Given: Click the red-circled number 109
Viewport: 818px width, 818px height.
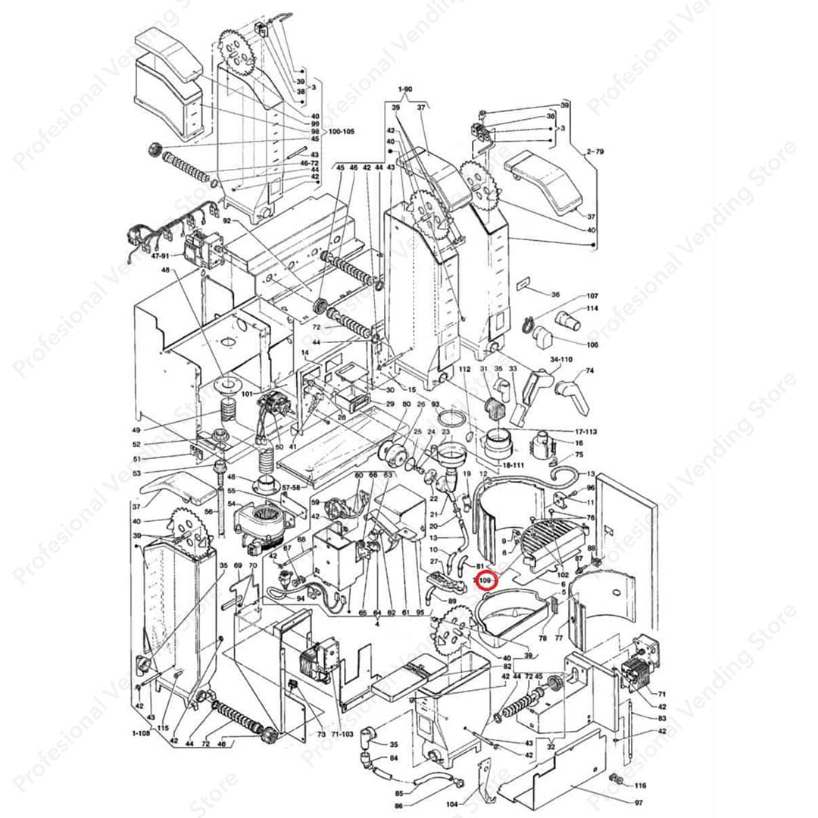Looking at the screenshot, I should point(485,580).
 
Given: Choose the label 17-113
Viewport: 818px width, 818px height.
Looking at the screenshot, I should point(582,432).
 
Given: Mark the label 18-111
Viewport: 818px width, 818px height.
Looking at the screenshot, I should point(512,464).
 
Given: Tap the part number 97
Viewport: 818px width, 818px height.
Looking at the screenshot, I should point(638,803).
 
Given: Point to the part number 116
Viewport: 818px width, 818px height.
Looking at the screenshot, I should point(641,785).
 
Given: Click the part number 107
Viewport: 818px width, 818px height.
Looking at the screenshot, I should point(592,296).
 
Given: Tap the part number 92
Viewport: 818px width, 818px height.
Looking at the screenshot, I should point(226,221).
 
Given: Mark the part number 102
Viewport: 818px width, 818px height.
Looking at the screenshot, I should point(563,574).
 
